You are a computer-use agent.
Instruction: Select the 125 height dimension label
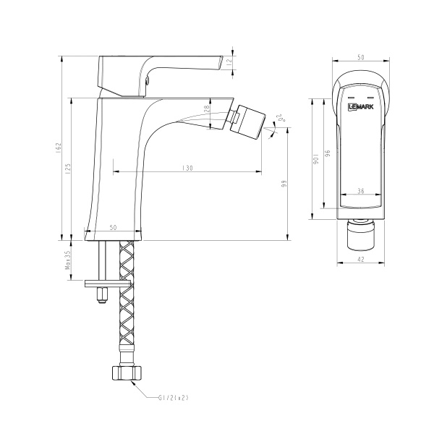(69, 169)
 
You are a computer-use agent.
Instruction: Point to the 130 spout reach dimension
(187, 168)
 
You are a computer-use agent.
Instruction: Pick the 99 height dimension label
(285, 186)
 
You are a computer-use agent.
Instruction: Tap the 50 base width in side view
(114, 227)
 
